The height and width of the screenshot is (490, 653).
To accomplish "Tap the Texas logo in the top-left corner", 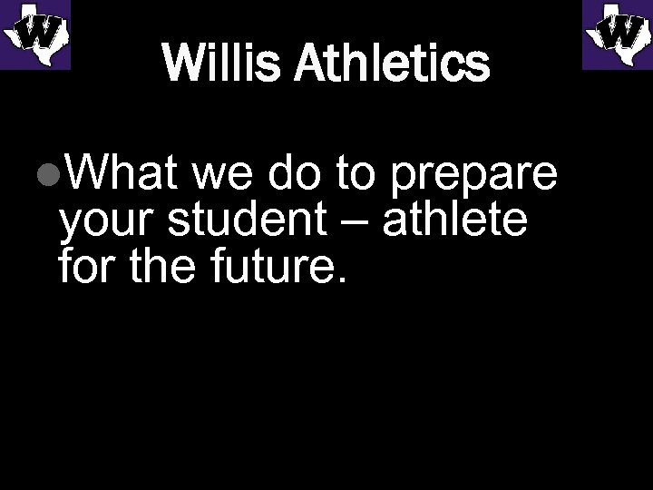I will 35,34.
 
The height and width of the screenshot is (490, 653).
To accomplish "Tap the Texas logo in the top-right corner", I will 617,34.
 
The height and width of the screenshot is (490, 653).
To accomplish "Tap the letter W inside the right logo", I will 619,34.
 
